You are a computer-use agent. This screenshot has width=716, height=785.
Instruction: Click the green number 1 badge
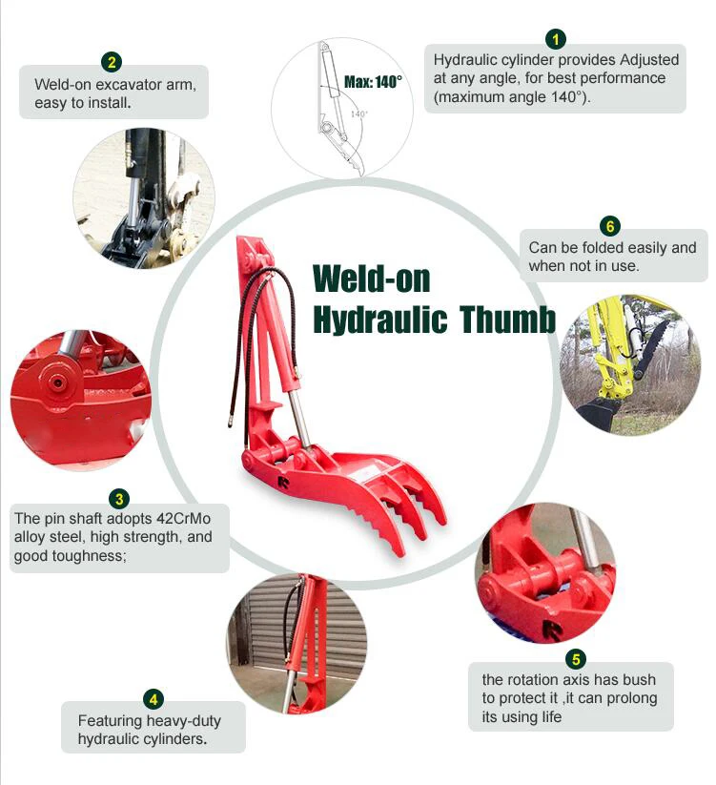[556, 39]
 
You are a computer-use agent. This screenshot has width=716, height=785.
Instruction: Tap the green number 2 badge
[113, 63]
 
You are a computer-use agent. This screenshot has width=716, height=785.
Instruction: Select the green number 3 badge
[119, 499]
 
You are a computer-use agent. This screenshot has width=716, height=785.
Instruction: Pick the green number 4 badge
[154, 698]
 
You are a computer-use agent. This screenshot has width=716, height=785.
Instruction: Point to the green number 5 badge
[576, 659]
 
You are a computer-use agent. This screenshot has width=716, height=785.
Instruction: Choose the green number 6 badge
[610, 226]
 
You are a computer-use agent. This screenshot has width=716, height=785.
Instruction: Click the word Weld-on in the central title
[372, 279]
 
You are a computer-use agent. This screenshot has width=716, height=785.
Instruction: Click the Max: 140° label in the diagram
[373, 82]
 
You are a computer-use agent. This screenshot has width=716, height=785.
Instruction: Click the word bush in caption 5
[638, 680]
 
